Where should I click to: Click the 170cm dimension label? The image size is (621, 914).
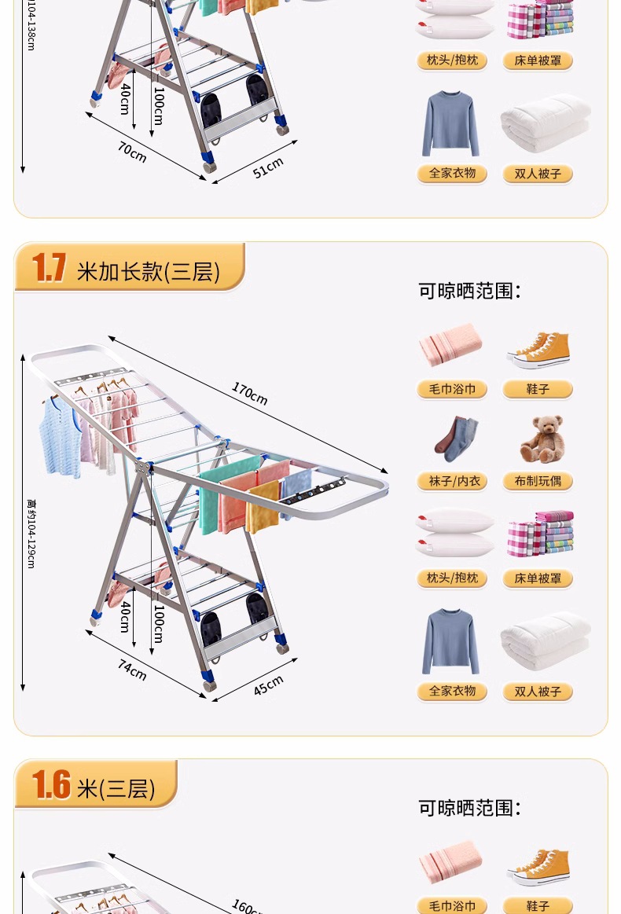click(x=249, y=394)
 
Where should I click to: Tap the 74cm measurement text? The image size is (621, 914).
click(x=132, y=670)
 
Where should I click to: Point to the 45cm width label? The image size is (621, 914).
click(x=268, y=685)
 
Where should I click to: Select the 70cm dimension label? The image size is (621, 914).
click(x=132, y=152)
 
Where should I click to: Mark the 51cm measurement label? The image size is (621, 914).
click(x=268, y=168)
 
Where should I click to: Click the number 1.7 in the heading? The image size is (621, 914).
click(x=49, y=267)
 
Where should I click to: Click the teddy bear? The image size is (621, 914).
click(x=542, y=439)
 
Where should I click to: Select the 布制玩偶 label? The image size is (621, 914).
click(x=538, y=482)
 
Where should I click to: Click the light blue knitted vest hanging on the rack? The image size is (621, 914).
click(x=60, y=435)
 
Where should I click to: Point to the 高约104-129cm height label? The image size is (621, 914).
click(x=31, y=534)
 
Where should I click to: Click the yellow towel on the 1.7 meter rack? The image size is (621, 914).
click(x=263, y=507)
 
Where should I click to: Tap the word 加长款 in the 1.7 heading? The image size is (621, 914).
click(x=119, y=272)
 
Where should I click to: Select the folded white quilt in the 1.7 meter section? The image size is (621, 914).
click(x=546, y=641)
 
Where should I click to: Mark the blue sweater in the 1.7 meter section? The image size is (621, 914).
click(x=450, y=641)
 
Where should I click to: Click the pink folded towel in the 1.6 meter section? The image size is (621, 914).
click(x=450, y=861)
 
